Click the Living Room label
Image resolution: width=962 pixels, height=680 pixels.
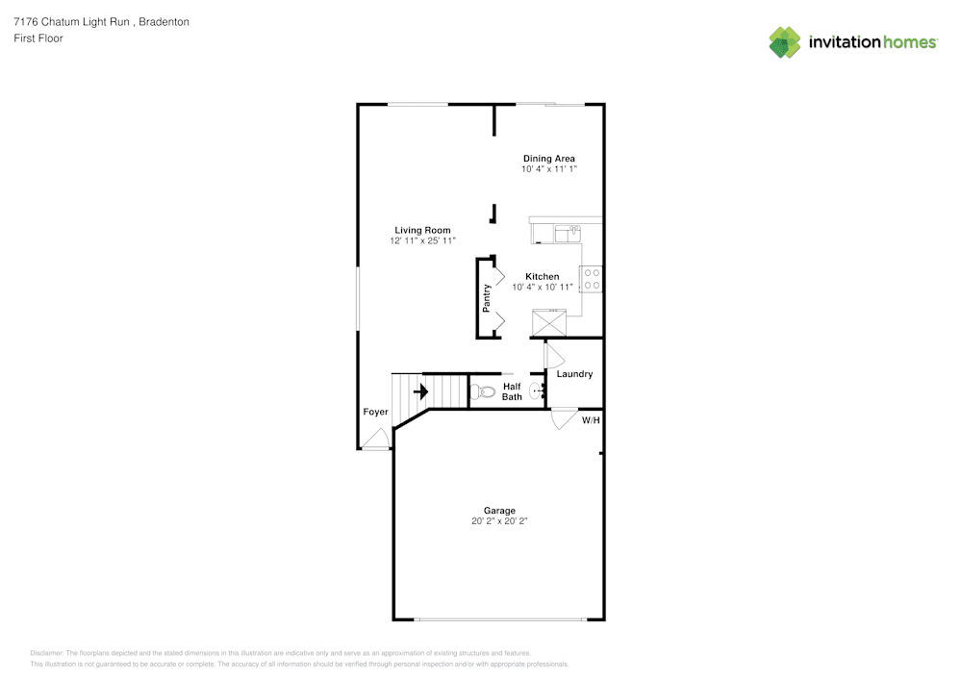pyautogui.click(x=422, y=230)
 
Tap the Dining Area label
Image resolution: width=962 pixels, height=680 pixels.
pyautogui.click(x=548, y=158)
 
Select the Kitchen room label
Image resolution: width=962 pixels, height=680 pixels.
pyautogui.click(x=542, y=277)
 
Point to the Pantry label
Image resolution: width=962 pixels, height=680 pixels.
pyautogui.click(x=487, y=298)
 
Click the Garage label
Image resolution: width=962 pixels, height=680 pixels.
pyautogui.click(x=499, y=510)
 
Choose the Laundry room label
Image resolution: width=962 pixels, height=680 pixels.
pyautogui.click(x=574, y=373)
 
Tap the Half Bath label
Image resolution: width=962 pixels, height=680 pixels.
pyautogui.click(x=512, y=391)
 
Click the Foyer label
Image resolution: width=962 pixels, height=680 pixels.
pyautogui.click(x=375, y=412)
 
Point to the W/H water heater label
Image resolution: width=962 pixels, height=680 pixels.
pyautogui.click(x=591, y=420)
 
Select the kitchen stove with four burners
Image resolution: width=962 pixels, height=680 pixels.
pyautogui.click(x=591, y=279)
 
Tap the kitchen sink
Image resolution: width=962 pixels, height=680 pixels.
pyautogui.click(x=568, y=234)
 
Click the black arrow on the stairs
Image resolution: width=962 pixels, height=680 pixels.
pyautogui.click(x=421, y=391)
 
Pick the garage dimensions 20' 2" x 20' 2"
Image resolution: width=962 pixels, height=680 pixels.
pyautogui.click(x=499, y=521)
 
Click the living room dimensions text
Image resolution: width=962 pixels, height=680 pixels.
pyautogui.click(x=422, y=240)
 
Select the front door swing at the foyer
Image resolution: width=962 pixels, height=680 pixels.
pyautogui.click(x=375, y=438)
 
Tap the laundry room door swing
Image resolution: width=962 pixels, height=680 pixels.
pyautogui.click(x=554, y=354)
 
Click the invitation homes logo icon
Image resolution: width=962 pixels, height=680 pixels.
pyautogui.click(x=785, y=42)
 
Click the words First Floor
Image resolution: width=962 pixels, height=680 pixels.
pyautogui.click(x=38, y=38)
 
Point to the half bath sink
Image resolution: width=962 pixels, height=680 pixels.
pyautogui.click(x=538, y=390)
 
